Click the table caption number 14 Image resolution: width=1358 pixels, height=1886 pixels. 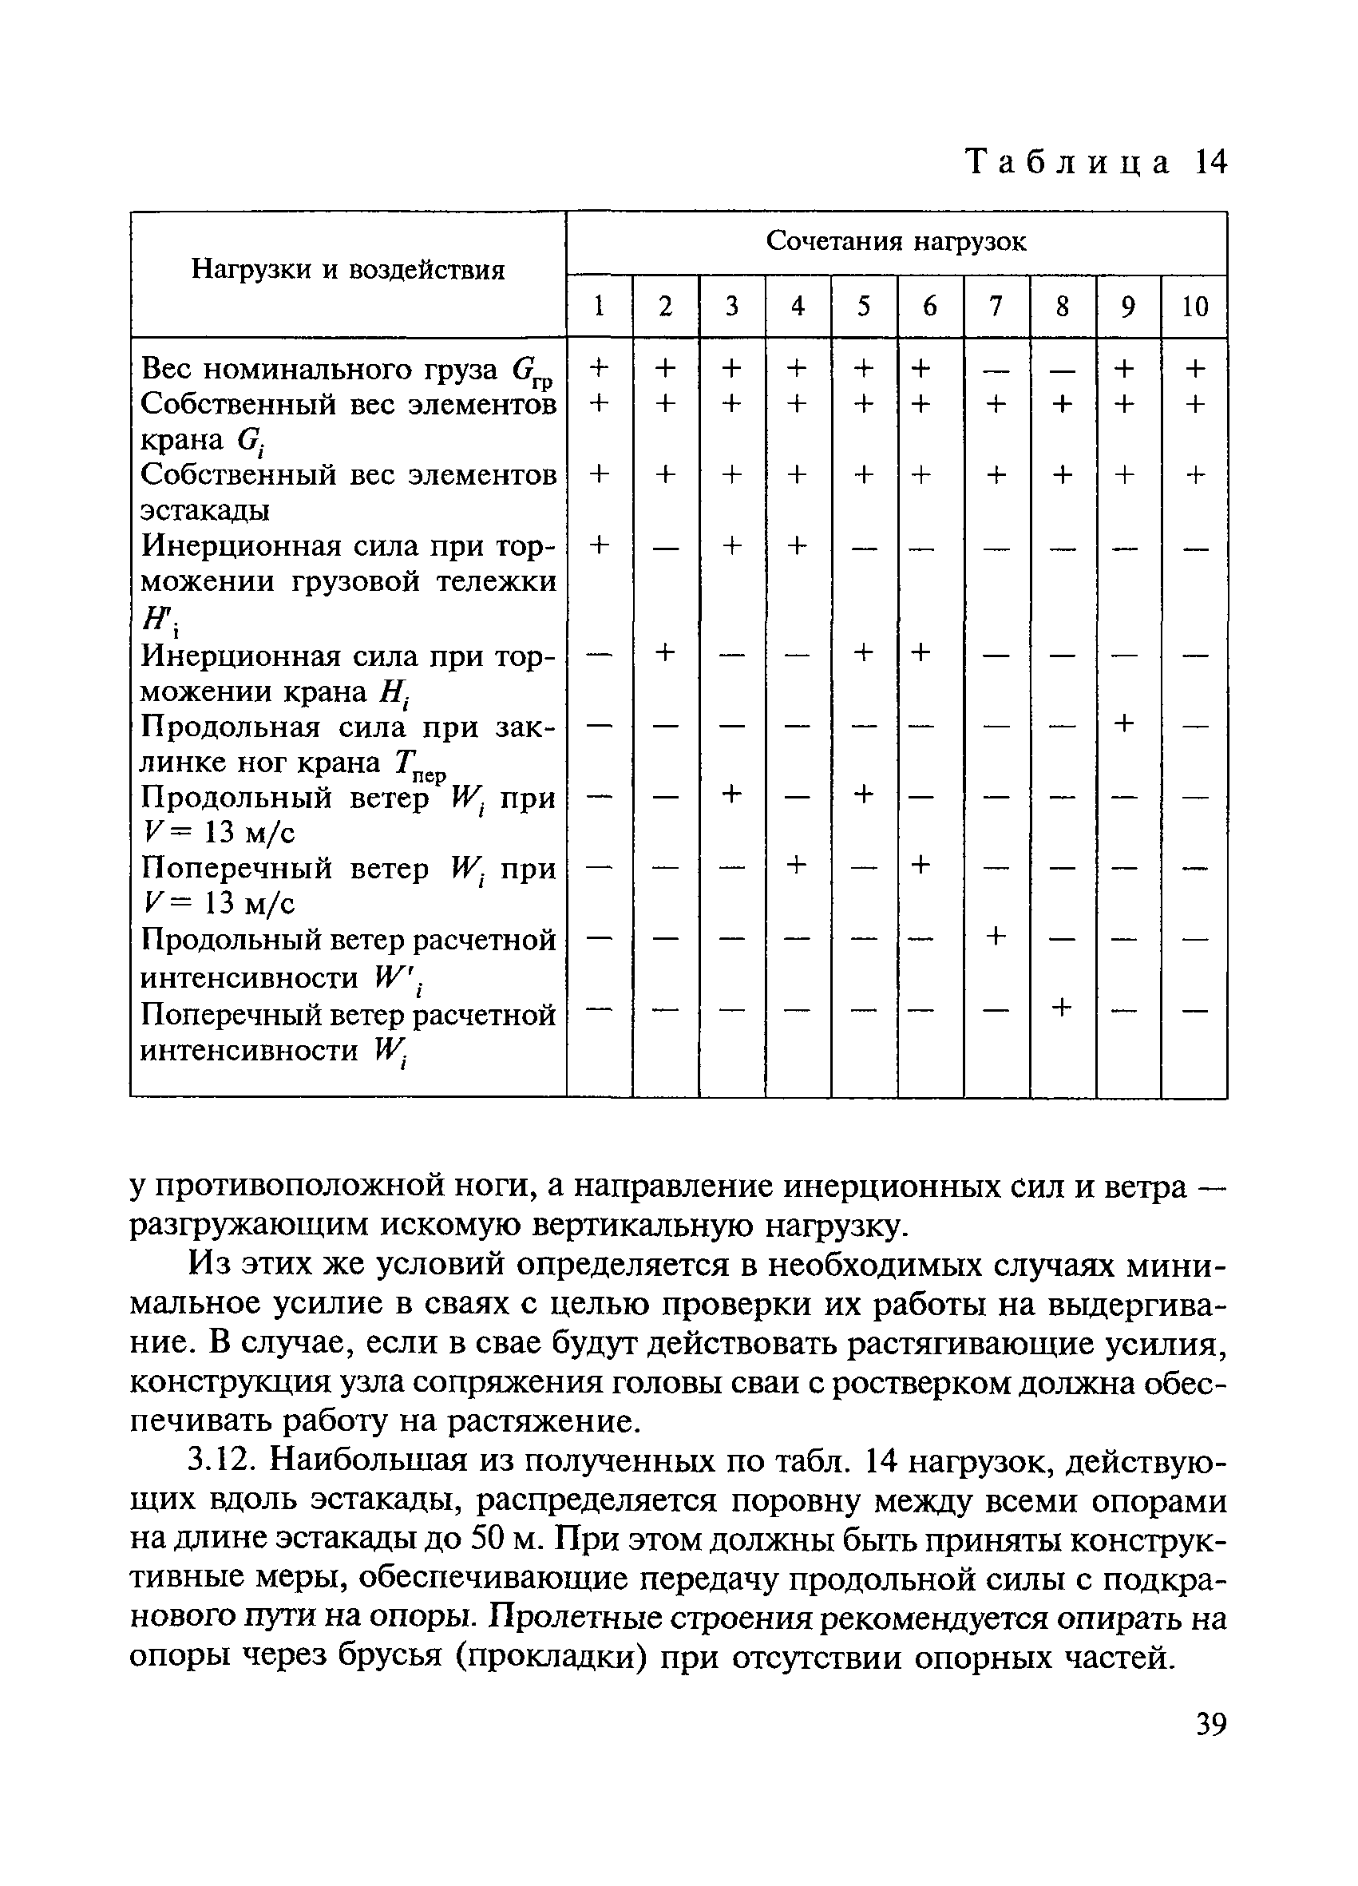click(1210, 162)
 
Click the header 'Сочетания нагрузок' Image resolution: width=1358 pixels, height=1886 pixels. click(896, 242)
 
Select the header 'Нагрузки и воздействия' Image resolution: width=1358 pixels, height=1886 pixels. click(347, 270)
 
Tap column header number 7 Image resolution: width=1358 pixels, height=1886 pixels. click(996, 307)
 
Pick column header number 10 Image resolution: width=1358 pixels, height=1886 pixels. click(1194, 307)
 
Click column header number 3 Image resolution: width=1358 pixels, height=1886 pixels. click(731, 307)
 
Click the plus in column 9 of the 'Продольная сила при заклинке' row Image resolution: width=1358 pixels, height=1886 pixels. click(1124, 723)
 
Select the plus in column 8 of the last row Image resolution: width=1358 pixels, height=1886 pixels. click(1062, 1007)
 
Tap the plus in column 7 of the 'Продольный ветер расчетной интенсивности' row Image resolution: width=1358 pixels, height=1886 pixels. click(996, 937)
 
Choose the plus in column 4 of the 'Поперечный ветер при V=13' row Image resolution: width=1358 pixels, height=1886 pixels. click(797, 865)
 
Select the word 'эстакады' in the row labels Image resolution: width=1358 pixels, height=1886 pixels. click(204, 509)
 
